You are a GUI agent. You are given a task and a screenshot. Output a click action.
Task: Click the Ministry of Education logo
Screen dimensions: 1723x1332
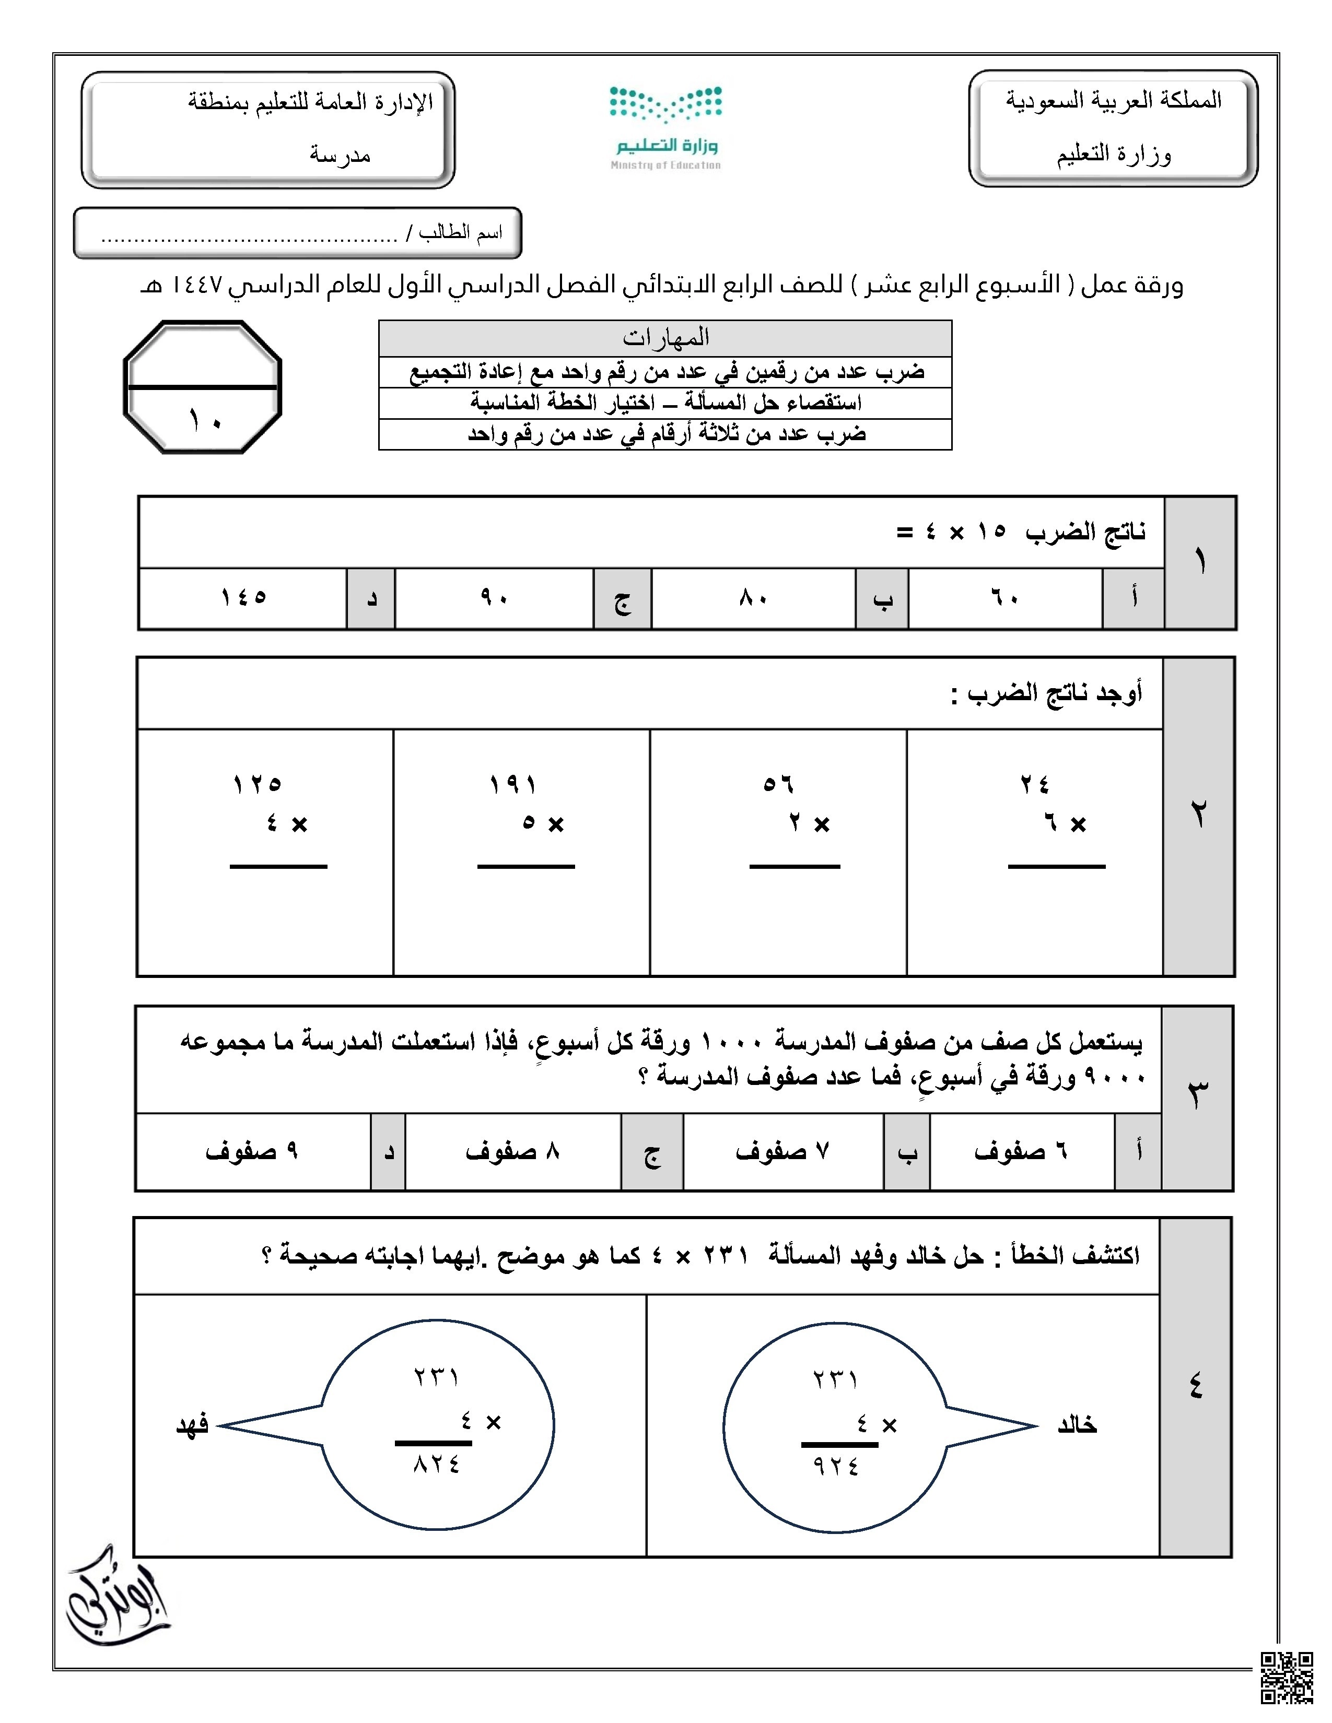tap(665, 126)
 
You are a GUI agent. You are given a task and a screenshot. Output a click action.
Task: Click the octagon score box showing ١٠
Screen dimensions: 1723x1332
tap(203, 386)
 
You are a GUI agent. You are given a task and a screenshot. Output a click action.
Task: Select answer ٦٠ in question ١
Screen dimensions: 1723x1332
tap(1004, 598)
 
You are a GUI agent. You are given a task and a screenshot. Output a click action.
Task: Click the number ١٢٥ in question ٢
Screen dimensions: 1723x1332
tap(257, 784)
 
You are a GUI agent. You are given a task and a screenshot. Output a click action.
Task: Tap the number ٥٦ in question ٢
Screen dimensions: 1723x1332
tap(778, 784)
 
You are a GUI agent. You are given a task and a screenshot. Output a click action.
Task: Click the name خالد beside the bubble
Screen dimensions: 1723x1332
tap(1077, 1425)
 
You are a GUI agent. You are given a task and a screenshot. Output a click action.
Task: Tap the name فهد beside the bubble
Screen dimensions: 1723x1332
tap(192, 1425)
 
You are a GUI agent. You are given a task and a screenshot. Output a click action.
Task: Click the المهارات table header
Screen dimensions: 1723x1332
tap(665, 338)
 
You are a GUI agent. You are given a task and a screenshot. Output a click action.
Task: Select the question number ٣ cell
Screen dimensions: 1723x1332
tap(1197, 1096)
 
